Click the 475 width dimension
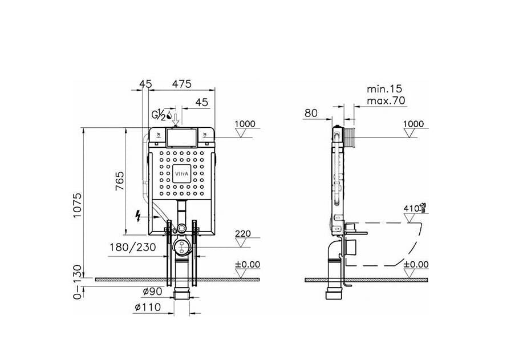pos(182,83)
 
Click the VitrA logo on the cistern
pos(182,174)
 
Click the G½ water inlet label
pos(158,115)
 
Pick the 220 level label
pos(242,234)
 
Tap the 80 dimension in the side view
pos(311,113)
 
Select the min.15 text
pos(384,89)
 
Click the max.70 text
pos(386,101)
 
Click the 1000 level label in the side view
pos(414,124)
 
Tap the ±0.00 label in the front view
pos(248,265)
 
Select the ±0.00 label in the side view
pos(416,265)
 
